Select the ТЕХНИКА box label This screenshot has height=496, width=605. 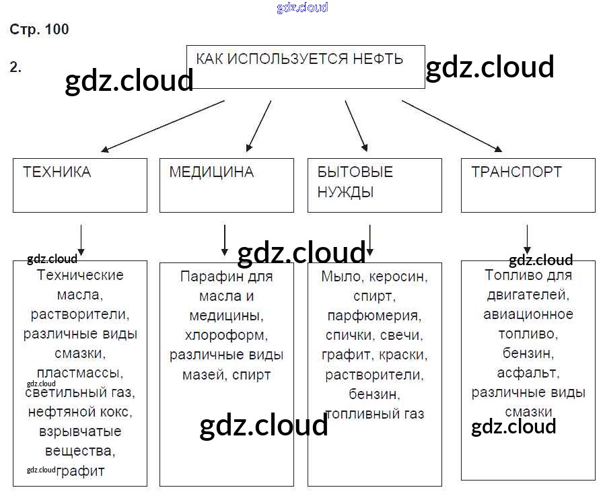[57, 172]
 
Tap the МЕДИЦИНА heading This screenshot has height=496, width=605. [211, 172]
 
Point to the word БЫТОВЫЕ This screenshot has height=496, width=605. [355, 172]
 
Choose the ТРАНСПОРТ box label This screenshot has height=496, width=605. [516, 172]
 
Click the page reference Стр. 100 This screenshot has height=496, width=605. [39, 30]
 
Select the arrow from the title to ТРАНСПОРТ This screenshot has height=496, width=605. [452, 126]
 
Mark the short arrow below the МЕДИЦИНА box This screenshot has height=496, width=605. [225, 240]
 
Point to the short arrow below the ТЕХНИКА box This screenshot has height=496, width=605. [81, 240]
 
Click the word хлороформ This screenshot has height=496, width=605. [226, 334]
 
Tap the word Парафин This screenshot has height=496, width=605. [206, 276]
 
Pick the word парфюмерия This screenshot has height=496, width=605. [373, 315]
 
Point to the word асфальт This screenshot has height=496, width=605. [528, 373]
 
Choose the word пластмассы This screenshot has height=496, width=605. [80, 372]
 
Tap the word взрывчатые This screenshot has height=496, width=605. [80, 431]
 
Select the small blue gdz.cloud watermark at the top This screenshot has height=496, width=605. [302, 7]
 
